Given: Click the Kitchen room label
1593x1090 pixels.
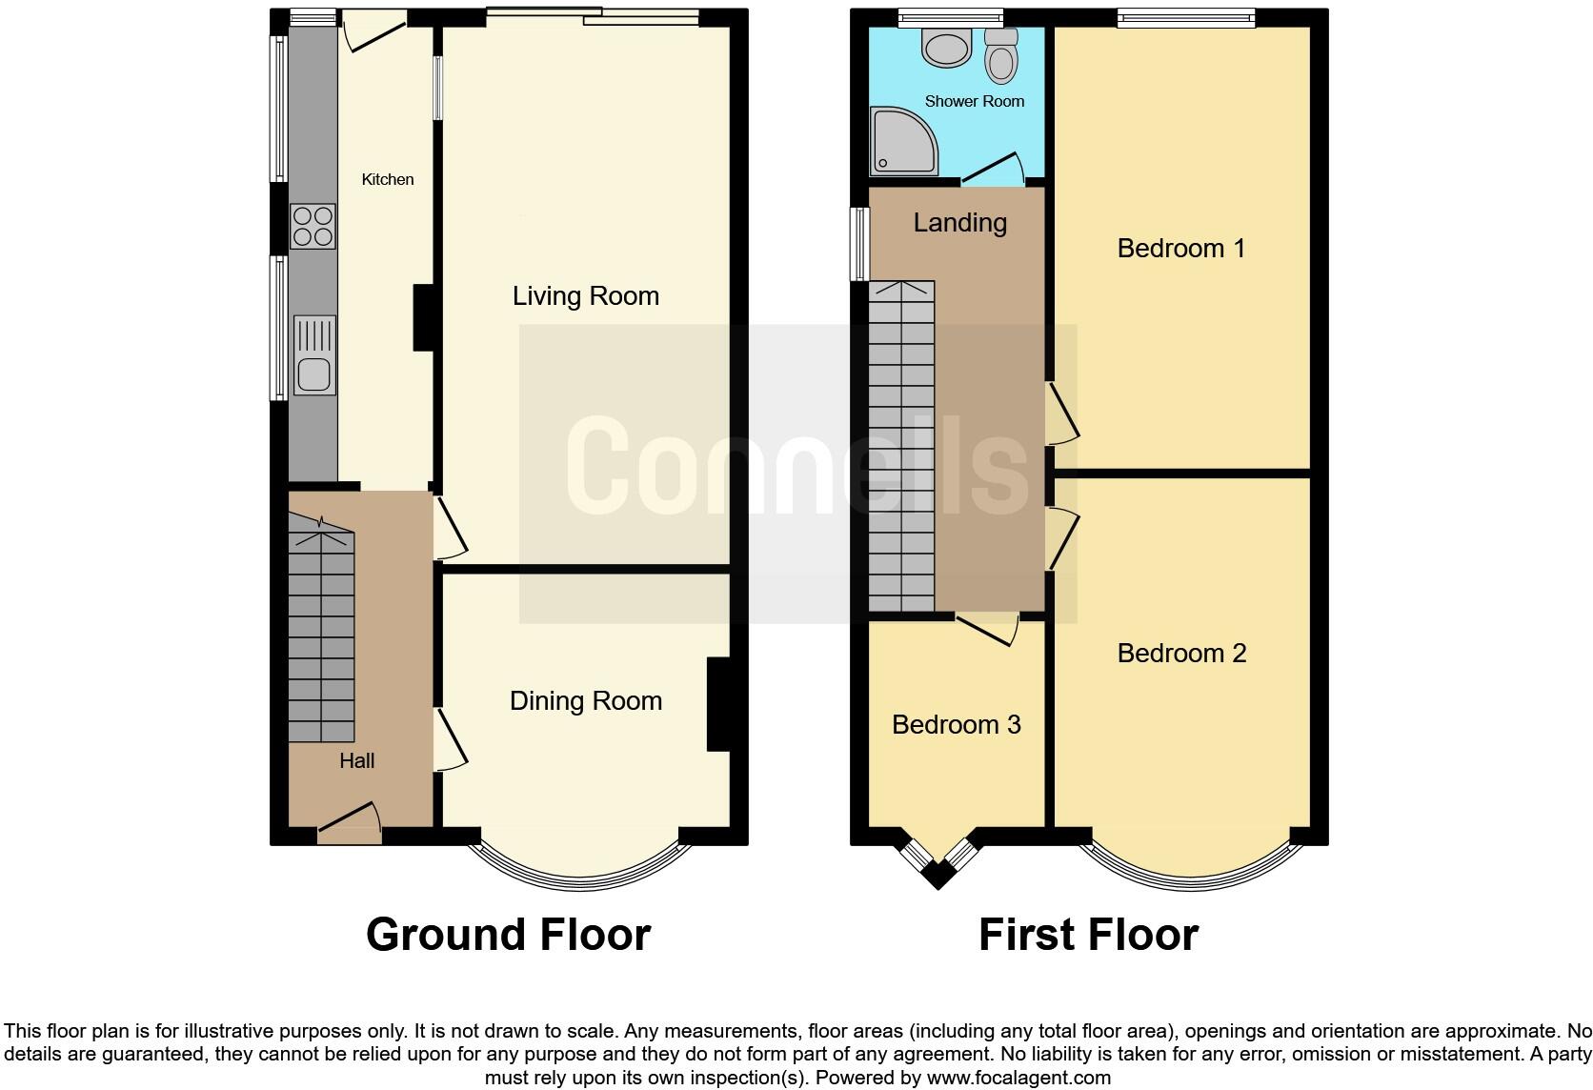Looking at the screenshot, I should [x=387, y=179].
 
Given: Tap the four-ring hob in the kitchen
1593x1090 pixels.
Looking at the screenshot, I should [x=313, y=226].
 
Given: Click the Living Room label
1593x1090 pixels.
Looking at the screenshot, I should [x=585, y=295].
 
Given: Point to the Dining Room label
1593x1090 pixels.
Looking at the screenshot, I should [x=585, y=701].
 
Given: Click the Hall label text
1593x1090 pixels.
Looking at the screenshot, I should [x=356, y=760].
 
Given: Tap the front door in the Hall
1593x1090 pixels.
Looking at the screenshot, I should [x=349, y=825].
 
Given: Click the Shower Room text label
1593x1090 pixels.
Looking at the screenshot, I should [x=974, y=101].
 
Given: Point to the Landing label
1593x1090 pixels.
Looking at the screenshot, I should [x=959, y=222].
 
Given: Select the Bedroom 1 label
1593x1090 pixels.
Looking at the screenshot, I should [x=1180, y=249].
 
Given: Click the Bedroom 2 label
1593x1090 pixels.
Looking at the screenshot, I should [x=1180, y=653].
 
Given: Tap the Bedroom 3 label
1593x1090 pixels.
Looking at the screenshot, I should [x=956, y=724].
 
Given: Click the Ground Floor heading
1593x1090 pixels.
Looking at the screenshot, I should [x=508, y=935].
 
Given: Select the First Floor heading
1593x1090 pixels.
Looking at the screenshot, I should [x=1088, y=935].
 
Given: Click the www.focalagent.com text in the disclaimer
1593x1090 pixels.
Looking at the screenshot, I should [x=1018, y=1078].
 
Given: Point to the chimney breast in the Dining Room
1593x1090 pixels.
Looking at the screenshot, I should [x=718, y=704].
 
